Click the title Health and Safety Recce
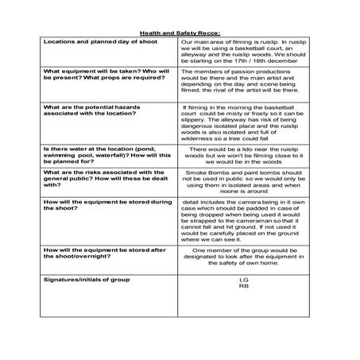180,33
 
